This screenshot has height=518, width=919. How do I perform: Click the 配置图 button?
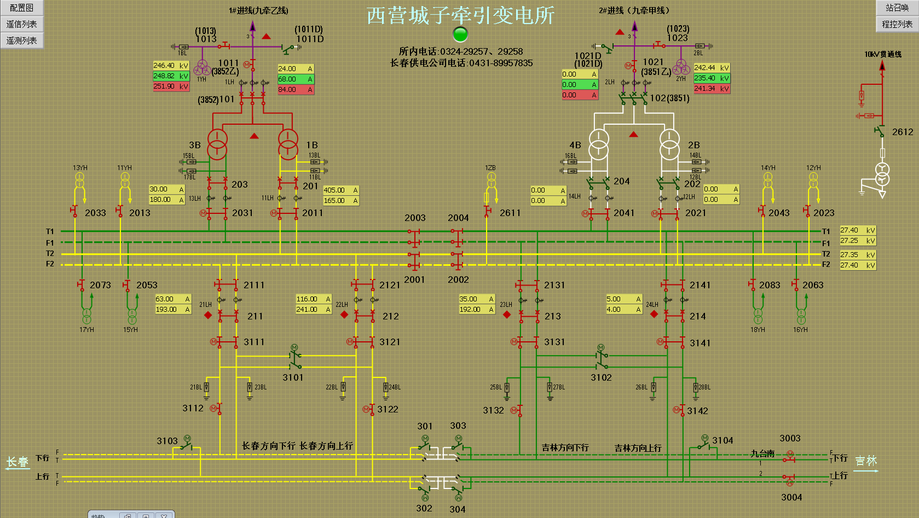[21, 8]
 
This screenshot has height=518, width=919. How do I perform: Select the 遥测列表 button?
[21, 40]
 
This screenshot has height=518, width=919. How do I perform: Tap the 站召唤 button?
[897, 8]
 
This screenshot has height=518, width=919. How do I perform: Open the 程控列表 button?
[897, 24]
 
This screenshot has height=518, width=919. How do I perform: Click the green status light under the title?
[461, 34]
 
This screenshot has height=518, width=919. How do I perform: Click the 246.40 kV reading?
[171, 66]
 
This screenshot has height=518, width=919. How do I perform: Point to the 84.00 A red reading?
[296, 90]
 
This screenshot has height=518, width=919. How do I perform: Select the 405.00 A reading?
[340, 190]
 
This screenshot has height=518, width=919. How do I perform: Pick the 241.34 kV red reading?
[712, 89]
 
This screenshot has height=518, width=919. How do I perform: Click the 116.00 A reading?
[314, 299]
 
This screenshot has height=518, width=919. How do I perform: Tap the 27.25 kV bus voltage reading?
[858, 241]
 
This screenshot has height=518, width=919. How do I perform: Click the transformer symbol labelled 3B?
[217, 144]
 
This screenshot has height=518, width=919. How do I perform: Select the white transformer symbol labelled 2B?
[669, 144]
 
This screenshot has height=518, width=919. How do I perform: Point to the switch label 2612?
[903, 132]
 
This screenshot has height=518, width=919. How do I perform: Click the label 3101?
[293, 377]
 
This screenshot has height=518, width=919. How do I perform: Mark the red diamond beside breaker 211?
[208, 315]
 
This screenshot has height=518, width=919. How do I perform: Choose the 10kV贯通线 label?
[883, 54]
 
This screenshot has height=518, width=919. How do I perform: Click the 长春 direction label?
[17, 462]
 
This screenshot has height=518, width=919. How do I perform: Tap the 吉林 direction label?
[866, 461]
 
